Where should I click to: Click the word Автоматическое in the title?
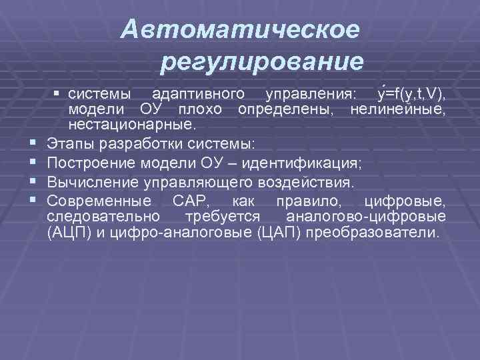pyautogui.click(x=241, y=29)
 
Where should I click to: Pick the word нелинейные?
pyautogui.click(x=407, y=107)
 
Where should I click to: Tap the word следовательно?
pyautogui.click(x=103, y=217)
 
